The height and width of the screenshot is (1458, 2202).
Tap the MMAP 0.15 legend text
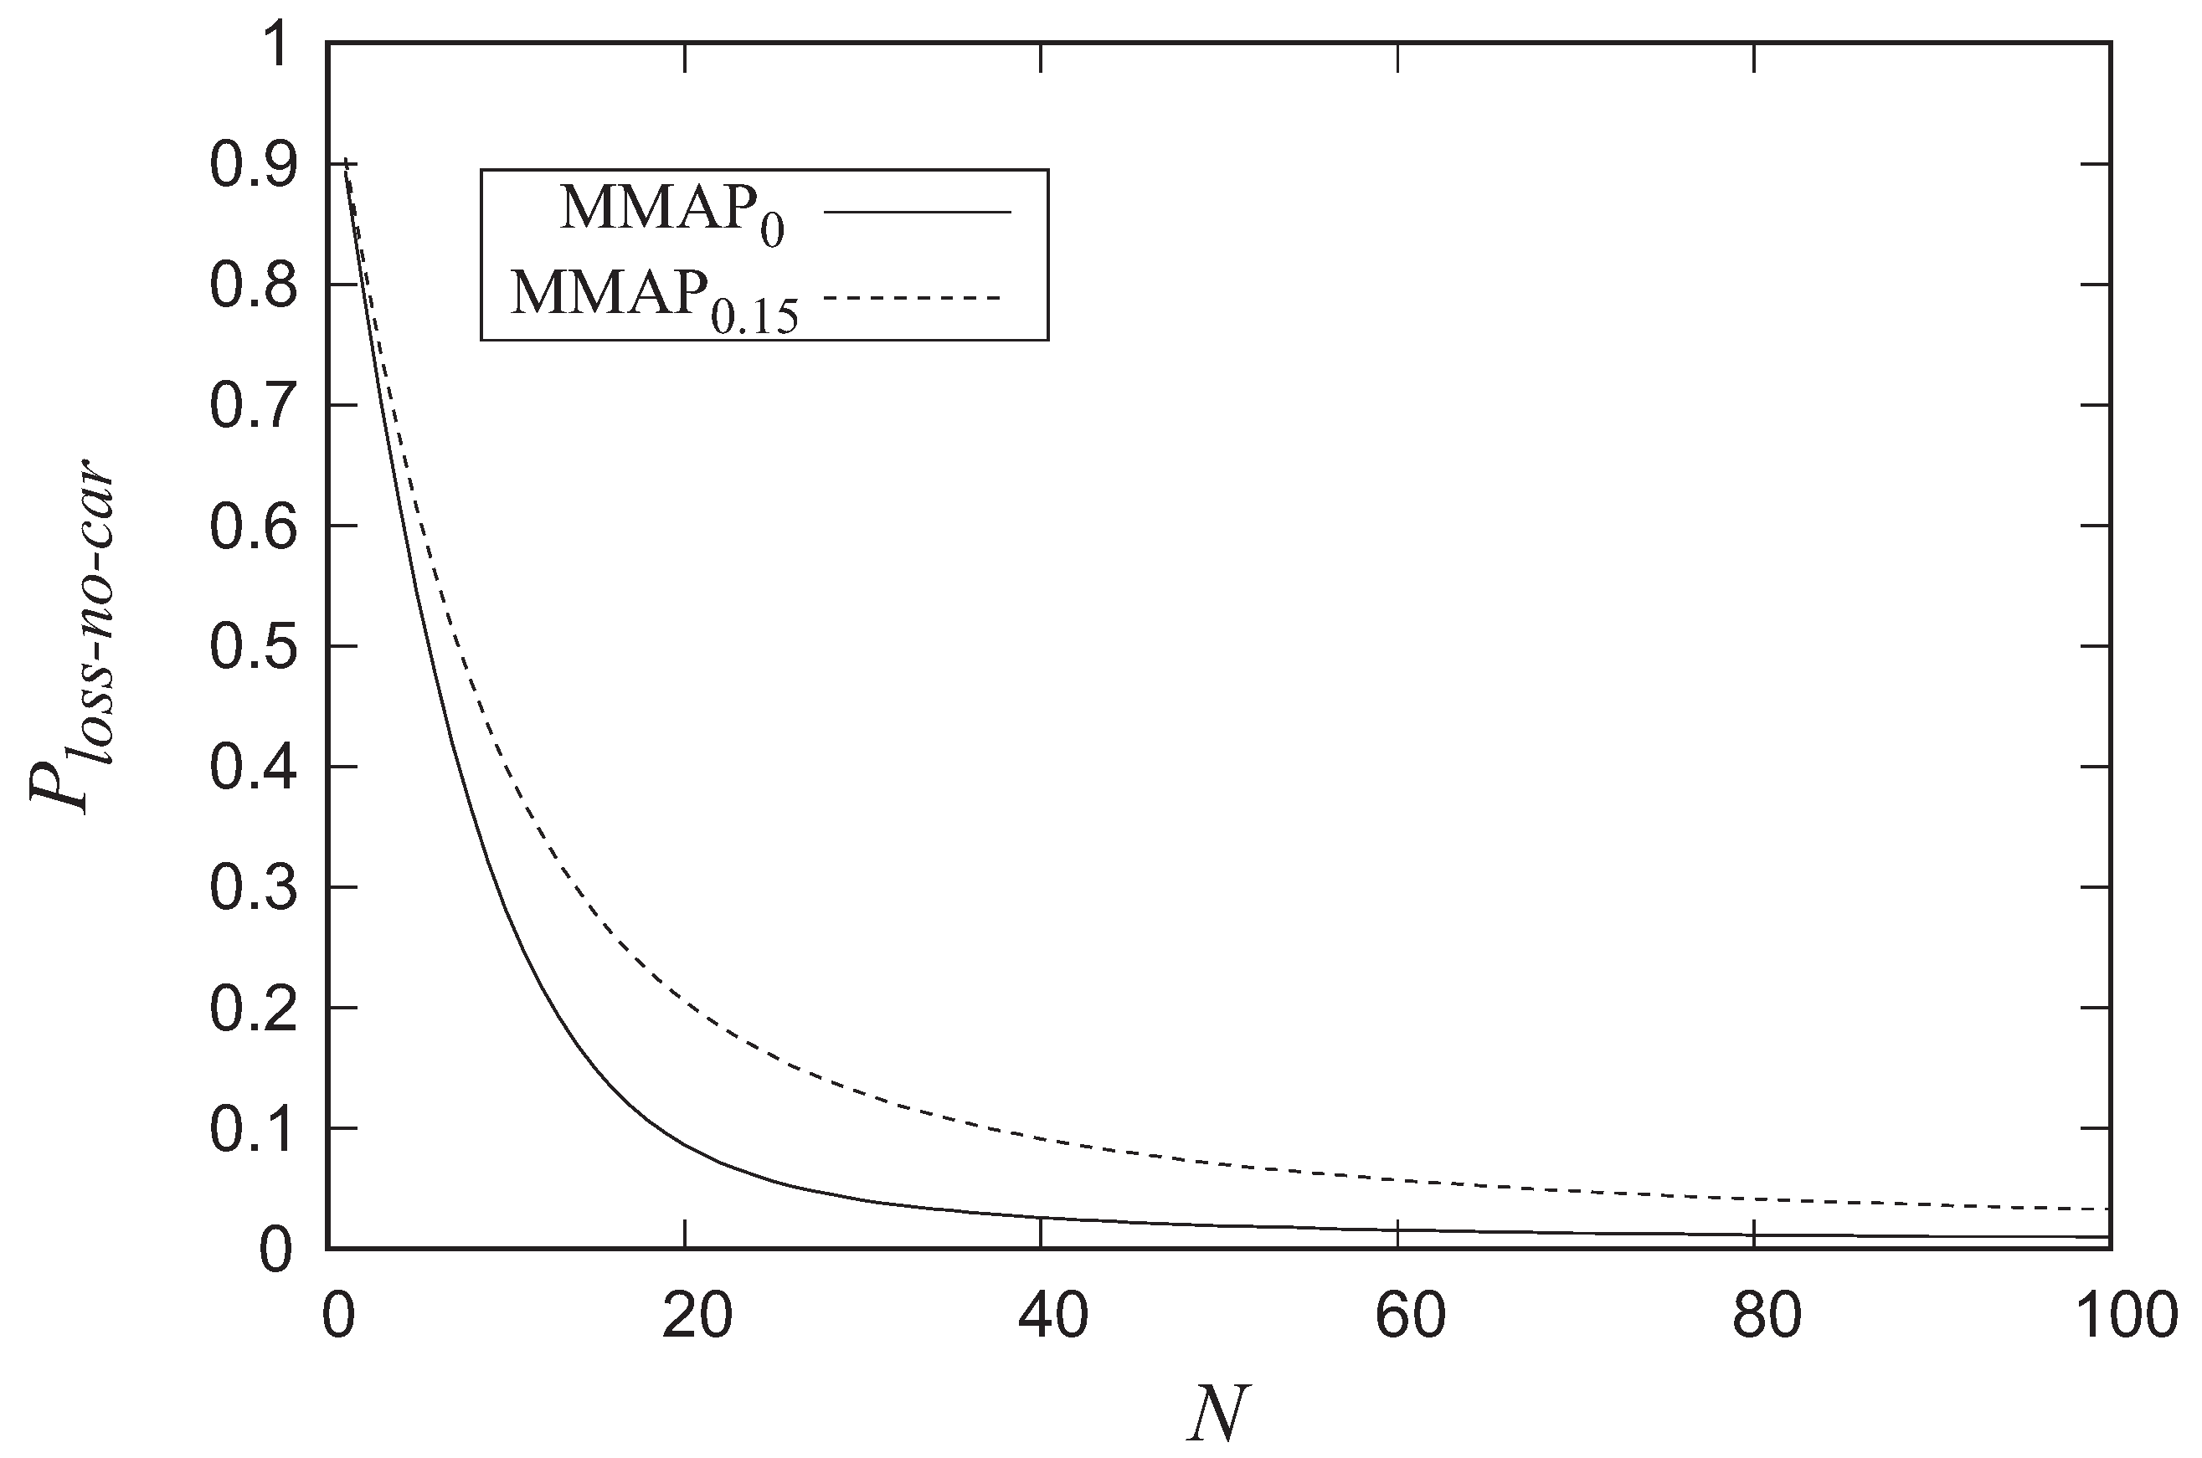tap(656, 300)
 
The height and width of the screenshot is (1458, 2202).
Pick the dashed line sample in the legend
tap(911, 298)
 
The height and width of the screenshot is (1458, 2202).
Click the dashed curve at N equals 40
tap(1041, 1139)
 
